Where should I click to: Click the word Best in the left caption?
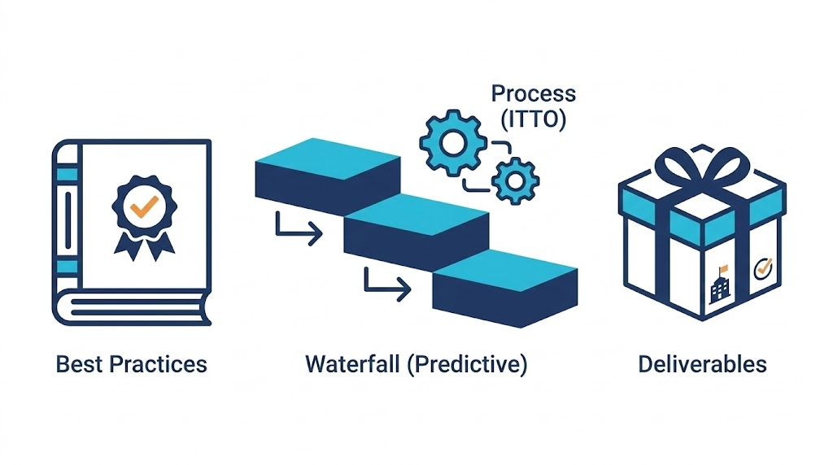[78, 363]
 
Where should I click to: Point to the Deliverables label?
[702, 363]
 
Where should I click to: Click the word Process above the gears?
[533, 93]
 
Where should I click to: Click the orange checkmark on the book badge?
[143, 207]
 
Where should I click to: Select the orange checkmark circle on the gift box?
[763, 268]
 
